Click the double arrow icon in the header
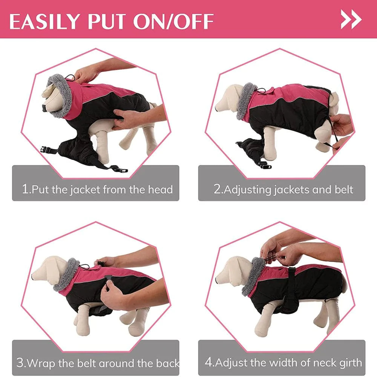point(351,20)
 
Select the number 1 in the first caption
point(25,189)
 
